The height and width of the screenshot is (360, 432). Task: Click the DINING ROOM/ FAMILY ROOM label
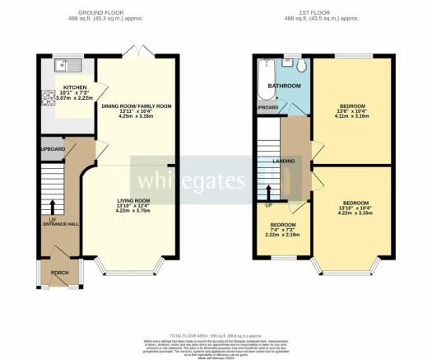136,106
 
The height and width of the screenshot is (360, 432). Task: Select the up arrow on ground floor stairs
53,205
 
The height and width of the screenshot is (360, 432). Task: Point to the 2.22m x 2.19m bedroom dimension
283,235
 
